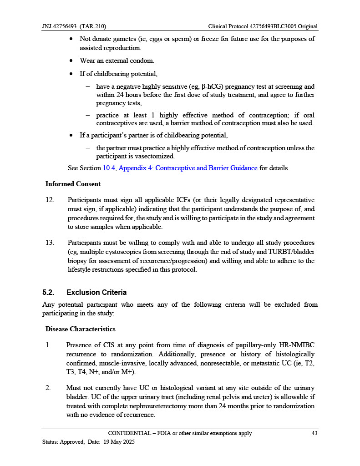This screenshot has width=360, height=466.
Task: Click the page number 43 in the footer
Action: pos(314,433)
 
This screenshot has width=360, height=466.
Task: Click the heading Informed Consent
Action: pos(73,184)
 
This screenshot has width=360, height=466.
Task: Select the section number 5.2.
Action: pos(50,292)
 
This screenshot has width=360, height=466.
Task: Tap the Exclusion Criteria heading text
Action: pos(96,292)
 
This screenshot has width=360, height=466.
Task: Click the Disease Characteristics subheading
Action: pos(80,329)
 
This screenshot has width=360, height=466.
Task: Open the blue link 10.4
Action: pos(110,168)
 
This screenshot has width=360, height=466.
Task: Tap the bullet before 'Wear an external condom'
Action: pos(72,61)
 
